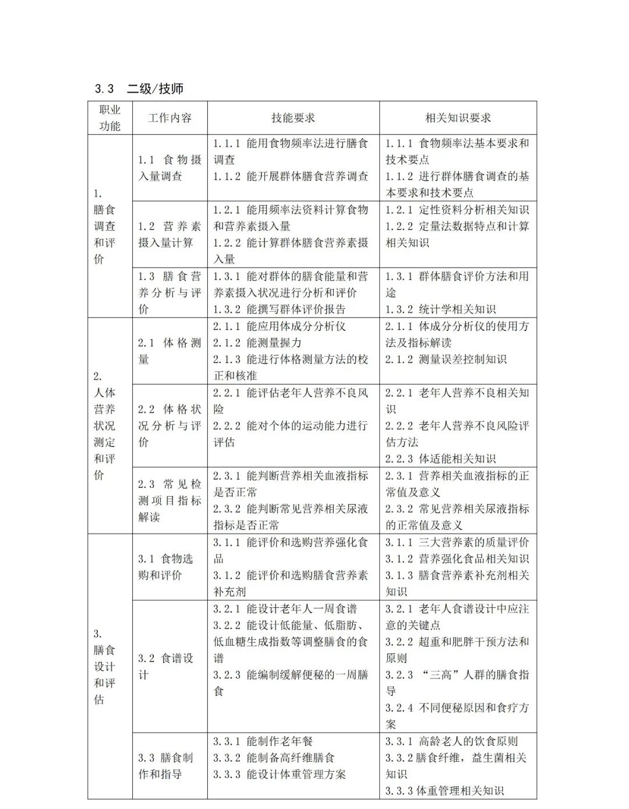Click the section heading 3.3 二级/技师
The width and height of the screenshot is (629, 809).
pyautogui.click(x=139, y=89)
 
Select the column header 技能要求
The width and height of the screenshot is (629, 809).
pyautogui.click(x=293, y=118)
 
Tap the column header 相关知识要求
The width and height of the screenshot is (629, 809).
pyautogui.click(x=458, y=118)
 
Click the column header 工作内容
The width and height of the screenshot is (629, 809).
pyautogui.click(x=169, y=118)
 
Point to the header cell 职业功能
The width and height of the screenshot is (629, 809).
pyautogui.click(x=109, y=118)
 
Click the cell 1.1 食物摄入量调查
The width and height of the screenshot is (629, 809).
pyautogui.click(x=169, y=168)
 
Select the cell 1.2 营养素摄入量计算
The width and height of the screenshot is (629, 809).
pyautogui.click(x=169, y=234)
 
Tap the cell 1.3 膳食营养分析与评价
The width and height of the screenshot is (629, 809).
pyautogui.click(x=169, y=293)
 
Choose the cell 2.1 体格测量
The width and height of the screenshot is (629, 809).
pyautogui.click(x=169, y=351)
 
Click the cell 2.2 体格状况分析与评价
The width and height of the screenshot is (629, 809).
pyautogui.click(x=169, y=425)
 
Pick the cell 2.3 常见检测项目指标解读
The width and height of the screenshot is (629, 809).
pyautogui.click(x=169, y=500)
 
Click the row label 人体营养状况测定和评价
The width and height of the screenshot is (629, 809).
pyautogui.click(x=105, y=425)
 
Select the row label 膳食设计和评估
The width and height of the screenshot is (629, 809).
pyautogui.click(x=105, y=666)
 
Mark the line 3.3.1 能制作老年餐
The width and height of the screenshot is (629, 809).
pyautogui.click(x=263, y=741)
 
